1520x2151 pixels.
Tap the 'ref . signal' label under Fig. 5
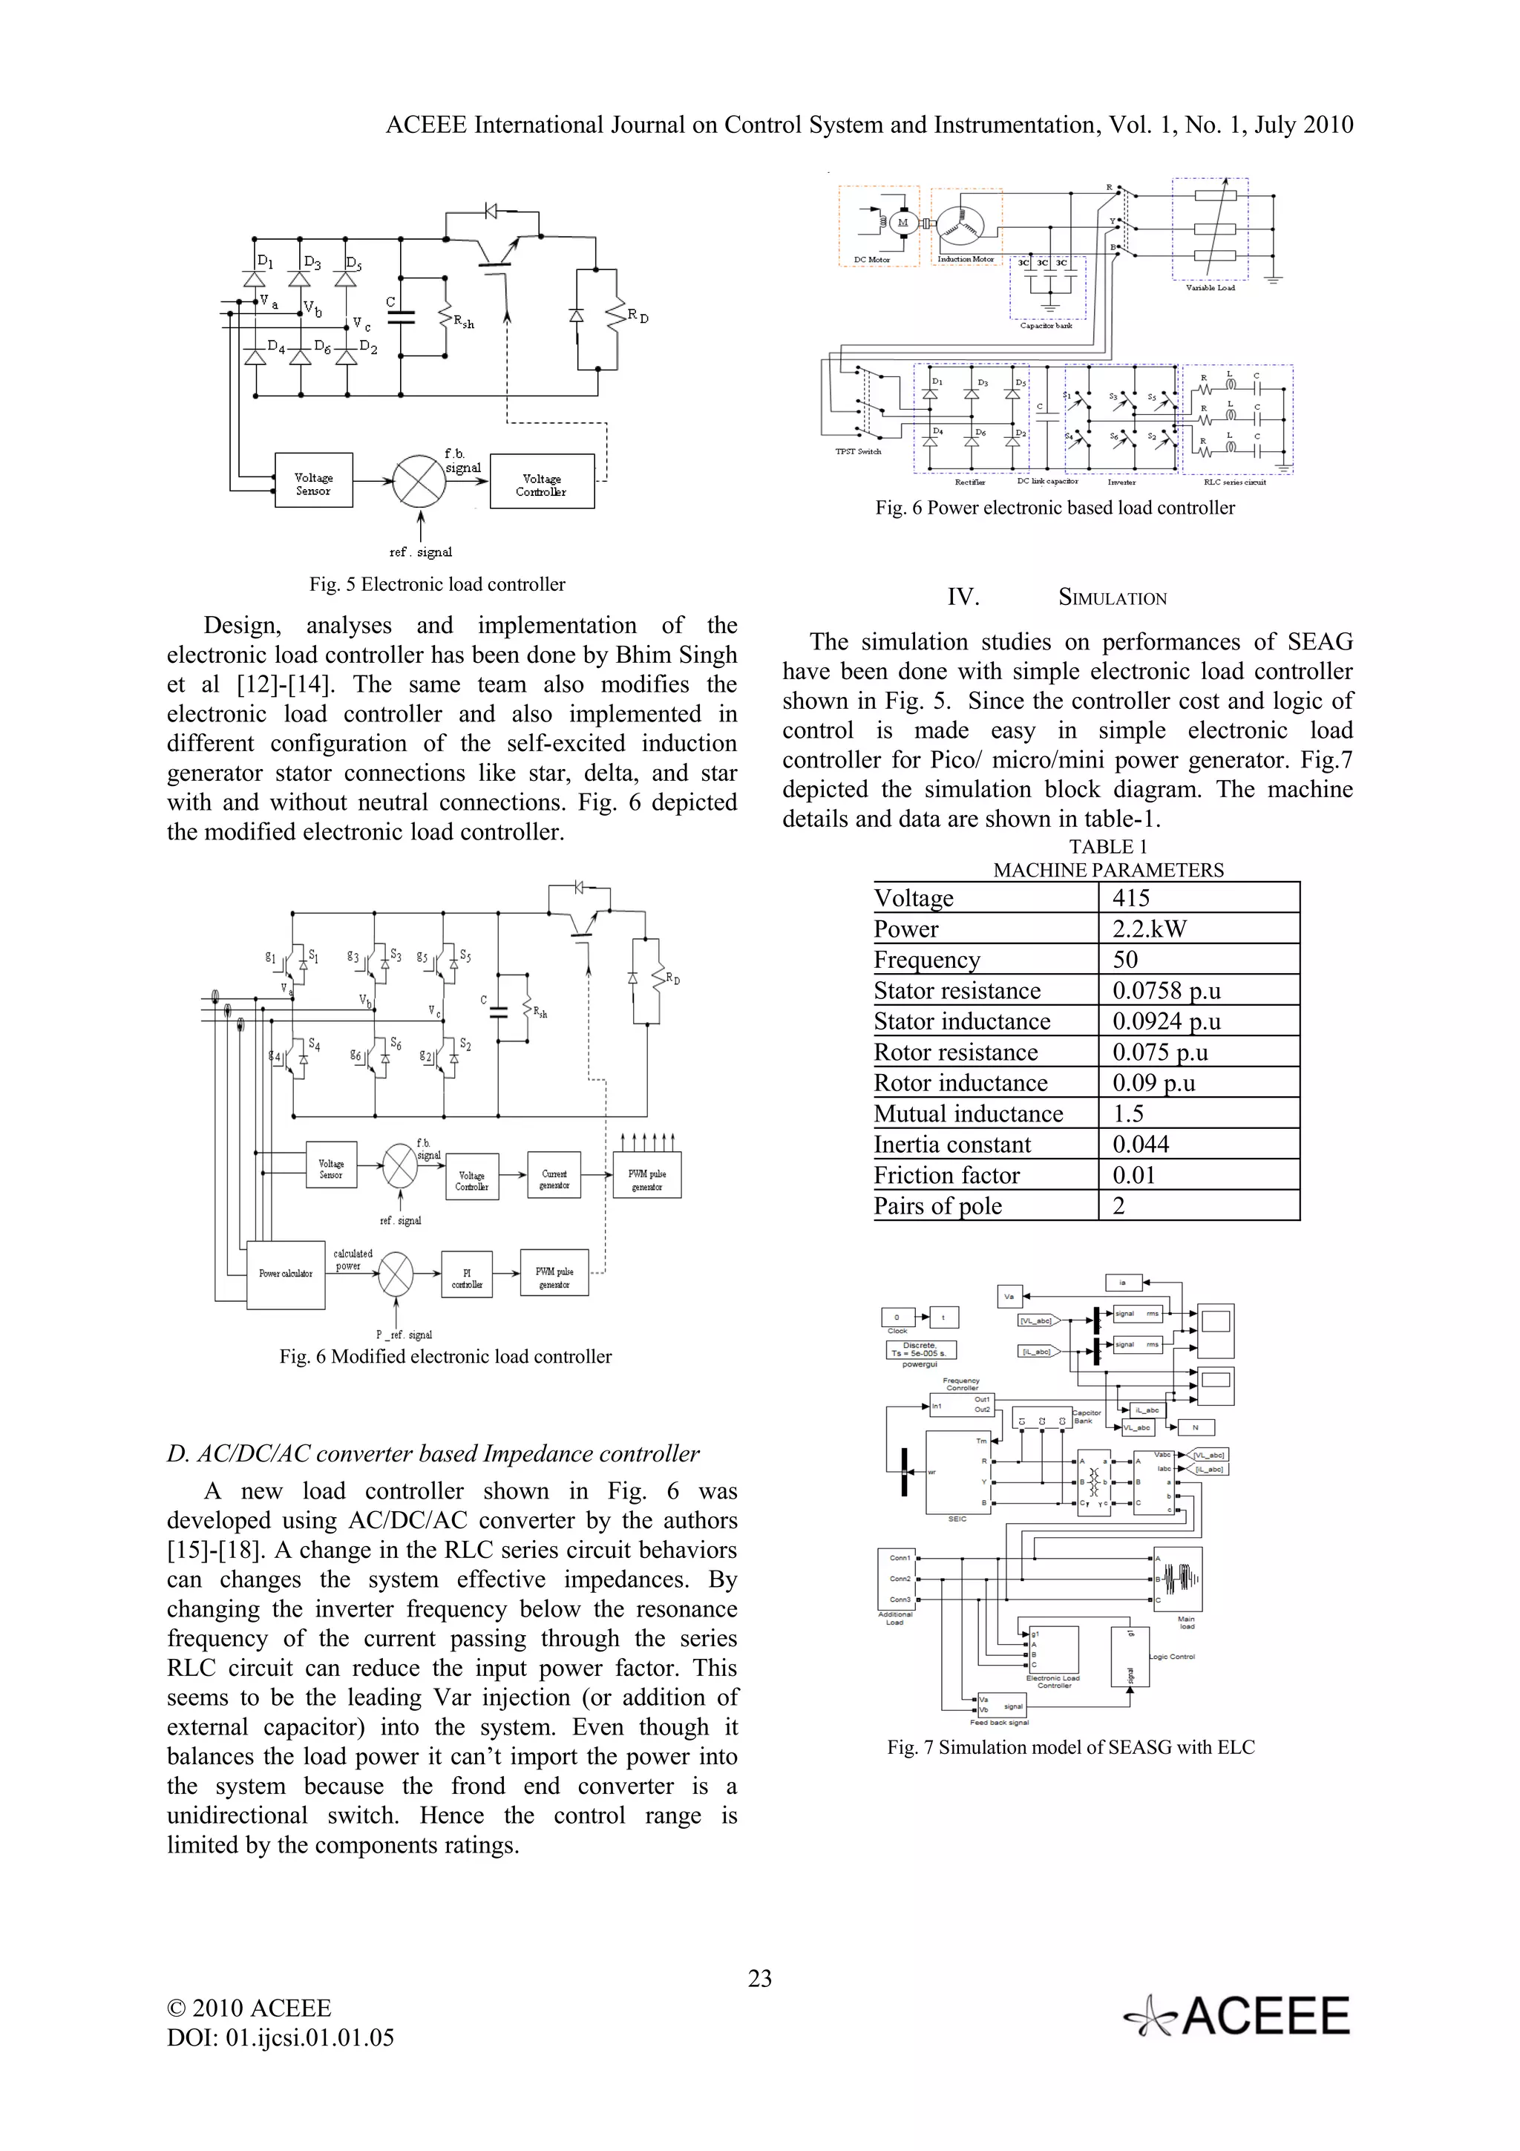click(421, 551)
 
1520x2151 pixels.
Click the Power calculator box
click(286, 1273)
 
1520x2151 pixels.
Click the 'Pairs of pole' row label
click(937, 1205)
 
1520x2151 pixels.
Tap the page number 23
click(759, 1977)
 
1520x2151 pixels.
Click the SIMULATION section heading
click(1112, 597)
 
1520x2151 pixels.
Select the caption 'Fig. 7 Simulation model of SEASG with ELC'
click(1070, 1746)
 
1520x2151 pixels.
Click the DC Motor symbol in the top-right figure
click(902, 223)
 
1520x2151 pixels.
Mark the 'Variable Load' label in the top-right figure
click(1210, 287)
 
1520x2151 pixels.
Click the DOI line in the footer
click(280, 2037)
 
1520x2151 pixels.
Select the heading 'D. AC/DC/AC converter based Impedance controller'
click(433, 1453)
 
